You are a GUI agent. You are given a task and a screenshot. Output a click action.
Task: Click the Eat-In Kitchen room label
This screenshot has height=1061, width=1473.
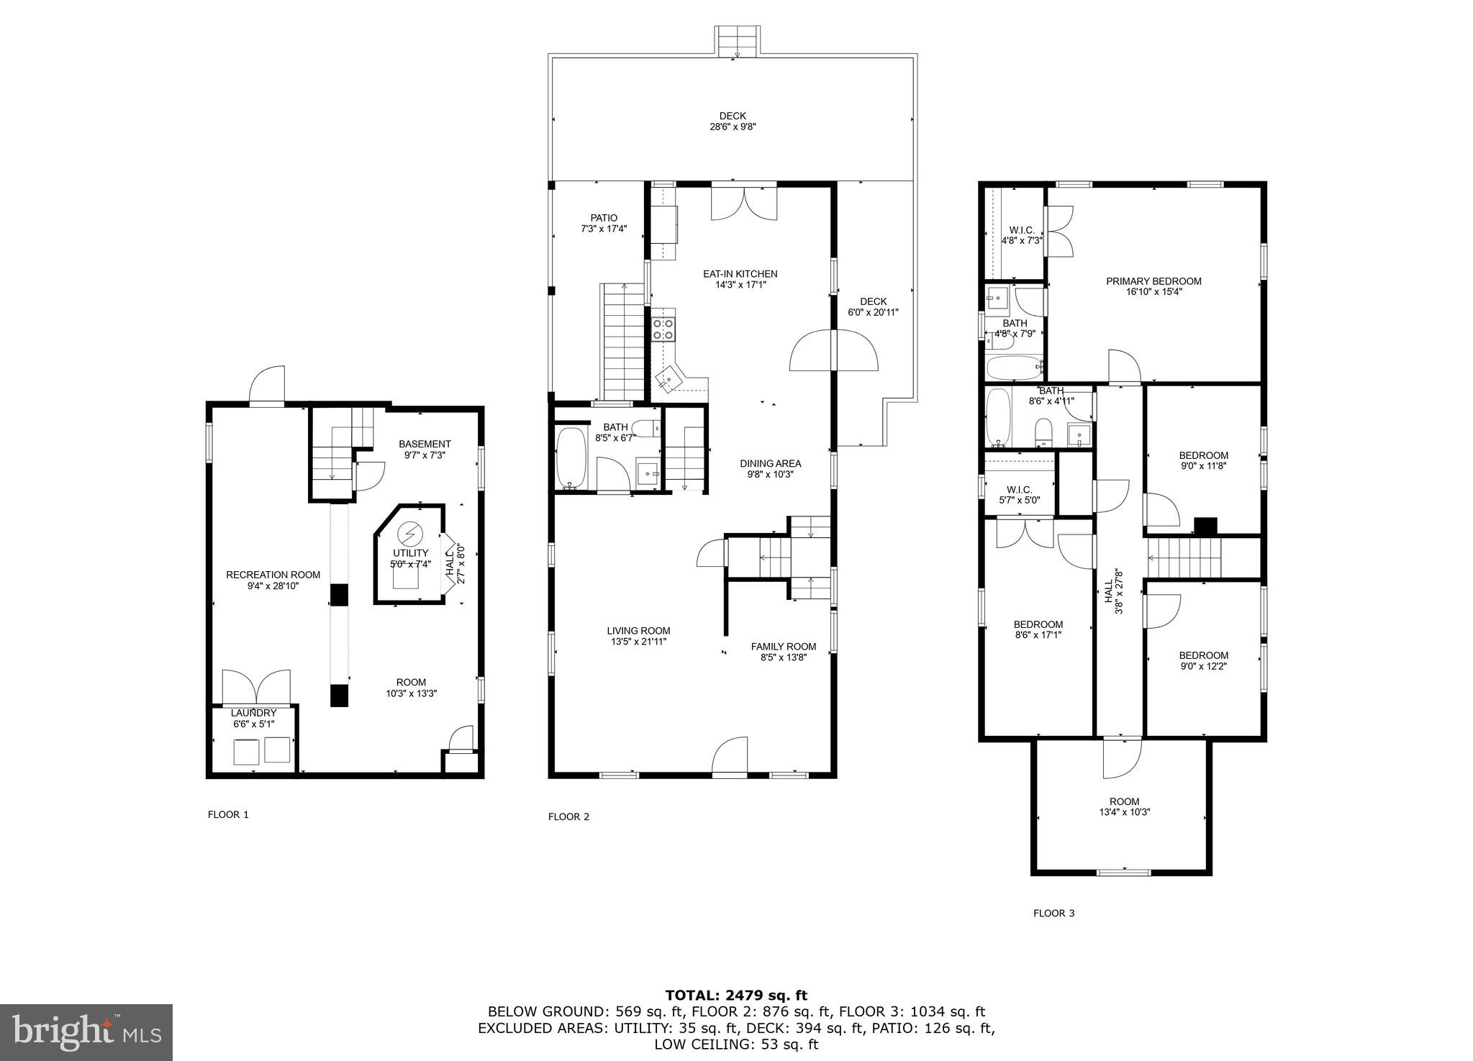click(x=740, y=274)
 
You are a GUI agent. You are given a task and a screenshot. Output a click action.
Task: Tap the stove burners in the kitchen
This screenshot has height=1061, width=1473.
click(x=663, y=329)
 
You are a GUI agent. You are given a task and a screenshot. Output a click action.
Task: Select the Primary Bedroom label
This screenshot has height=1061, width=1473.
click(x=1154, y=281)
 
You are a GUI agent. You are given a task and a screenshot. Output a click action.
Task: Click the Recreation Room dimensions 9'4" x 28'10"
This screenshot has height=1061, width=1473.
click(x=273, y=586)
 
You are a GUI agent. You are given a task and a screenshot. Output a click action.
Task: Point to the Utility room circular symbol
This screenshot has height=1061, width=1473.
click(x=410, y=533)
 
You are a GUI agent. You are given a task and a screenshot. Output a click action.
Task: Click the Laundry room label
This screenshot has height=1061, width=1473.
click(x=253, y=713)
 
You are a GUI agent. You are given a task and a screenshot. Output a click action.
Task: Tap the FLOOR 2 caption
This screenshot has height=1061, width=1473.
click(x=568, y=816)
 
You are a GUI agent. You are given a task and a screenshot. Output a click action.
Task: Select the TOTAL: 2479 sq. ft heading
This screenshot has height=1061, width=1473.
click(x=736, y=996)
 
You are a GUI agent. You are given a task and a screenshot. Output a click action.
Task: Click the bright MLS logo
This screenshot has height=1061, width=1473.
click(x=86, y=1032)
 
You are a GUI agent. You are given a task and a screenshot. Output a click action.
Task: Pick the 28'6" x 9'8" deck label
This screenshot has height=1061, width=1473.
click(x=733, y=127)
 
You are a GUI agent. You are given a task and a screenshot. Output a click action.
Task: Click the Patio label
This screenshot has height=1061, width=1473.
click(x=604, y=218)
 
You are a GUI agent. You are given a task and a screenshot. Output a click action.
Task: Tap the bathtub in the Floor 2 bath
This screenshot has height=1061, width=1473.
click(x=572, y=458)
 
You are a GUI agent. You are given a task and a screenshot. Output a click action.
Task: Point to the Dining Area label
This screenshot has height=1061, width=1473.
click(x=770, y=463)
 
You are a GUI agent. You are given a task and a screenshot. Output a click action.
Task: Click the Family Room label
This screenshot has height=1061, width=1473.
click(x=784, y=646)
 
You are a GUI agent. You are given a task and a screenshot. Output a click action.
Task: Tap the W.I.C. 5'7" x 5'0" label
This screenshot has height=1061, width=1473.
click(x=1019, y=490)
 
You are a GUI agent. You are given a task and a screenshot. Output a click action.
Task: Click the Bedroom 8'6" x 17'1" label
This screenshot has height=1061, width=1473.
click(x=1038, y=624)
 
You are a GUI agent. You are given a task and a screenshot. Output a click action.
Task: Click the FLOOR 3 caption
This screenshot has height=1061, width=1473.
click(x=1053, y=913)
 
